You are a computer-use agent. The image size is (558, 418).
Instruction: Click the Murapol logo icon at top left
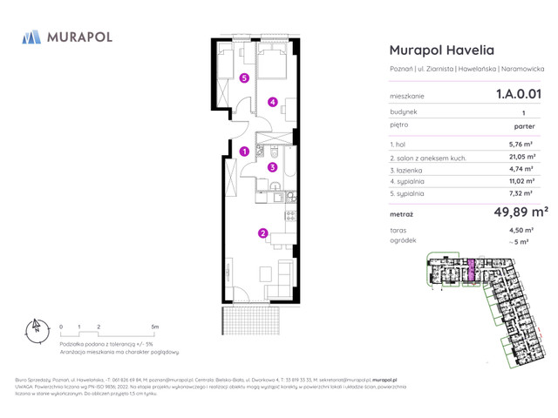tap(31, 37)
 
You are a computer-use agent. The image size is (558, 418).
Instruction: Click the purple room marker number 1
tap(245, 152)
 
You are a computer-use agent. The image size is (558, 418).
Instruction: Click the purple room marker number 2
tap(262, 233)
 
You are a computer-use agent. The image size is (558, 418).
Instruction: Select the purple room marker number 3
tap(272, 167)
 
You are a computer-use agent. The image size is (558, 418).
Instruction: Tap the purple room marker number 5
tap(244, 78)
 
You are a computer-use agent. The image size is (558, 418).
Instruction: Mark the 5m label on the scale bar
tap(154, 327)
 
